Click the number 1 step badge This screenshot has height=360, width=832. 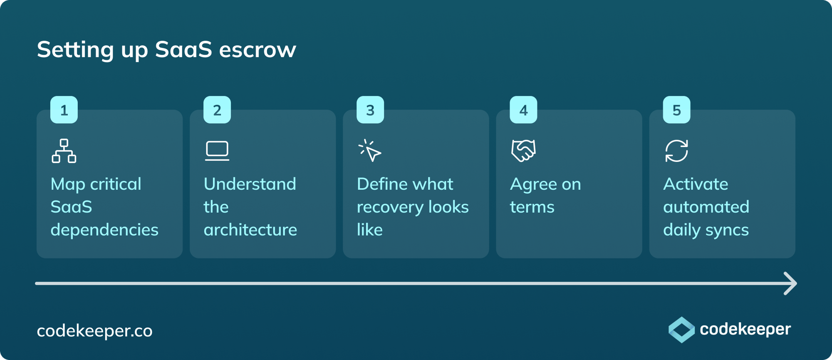64,110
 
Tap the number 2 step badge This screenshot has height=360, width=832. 217,110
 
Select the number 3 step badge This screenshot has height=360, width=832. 370,110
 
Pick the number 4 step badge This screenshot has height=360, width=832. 523,110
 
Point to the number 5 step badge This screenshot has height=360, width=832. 676,110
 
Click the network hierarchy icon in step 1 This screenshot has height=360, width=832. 64,151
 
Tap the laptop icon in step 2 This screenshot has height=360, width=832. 217,151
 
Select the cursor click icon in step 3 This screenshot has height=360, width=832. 370,151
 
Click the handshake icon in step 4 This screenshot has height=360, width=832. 523,150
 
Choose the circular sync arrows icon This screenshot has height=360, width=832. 676,151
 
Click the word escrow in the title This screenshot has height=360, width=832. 258,50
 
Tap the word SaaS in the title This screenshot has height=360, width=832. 183,49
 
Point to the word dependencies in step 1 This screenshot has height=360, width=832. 104,230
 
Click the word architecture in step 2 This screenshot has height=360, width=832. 250,230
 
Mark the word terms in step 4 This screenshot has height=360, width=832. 532,207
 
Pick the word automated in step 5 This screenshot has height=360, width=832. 706,207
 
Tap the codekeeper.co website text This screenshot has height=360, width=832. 94,331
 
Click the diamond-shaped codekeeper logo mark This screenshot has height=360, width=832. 681,330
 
